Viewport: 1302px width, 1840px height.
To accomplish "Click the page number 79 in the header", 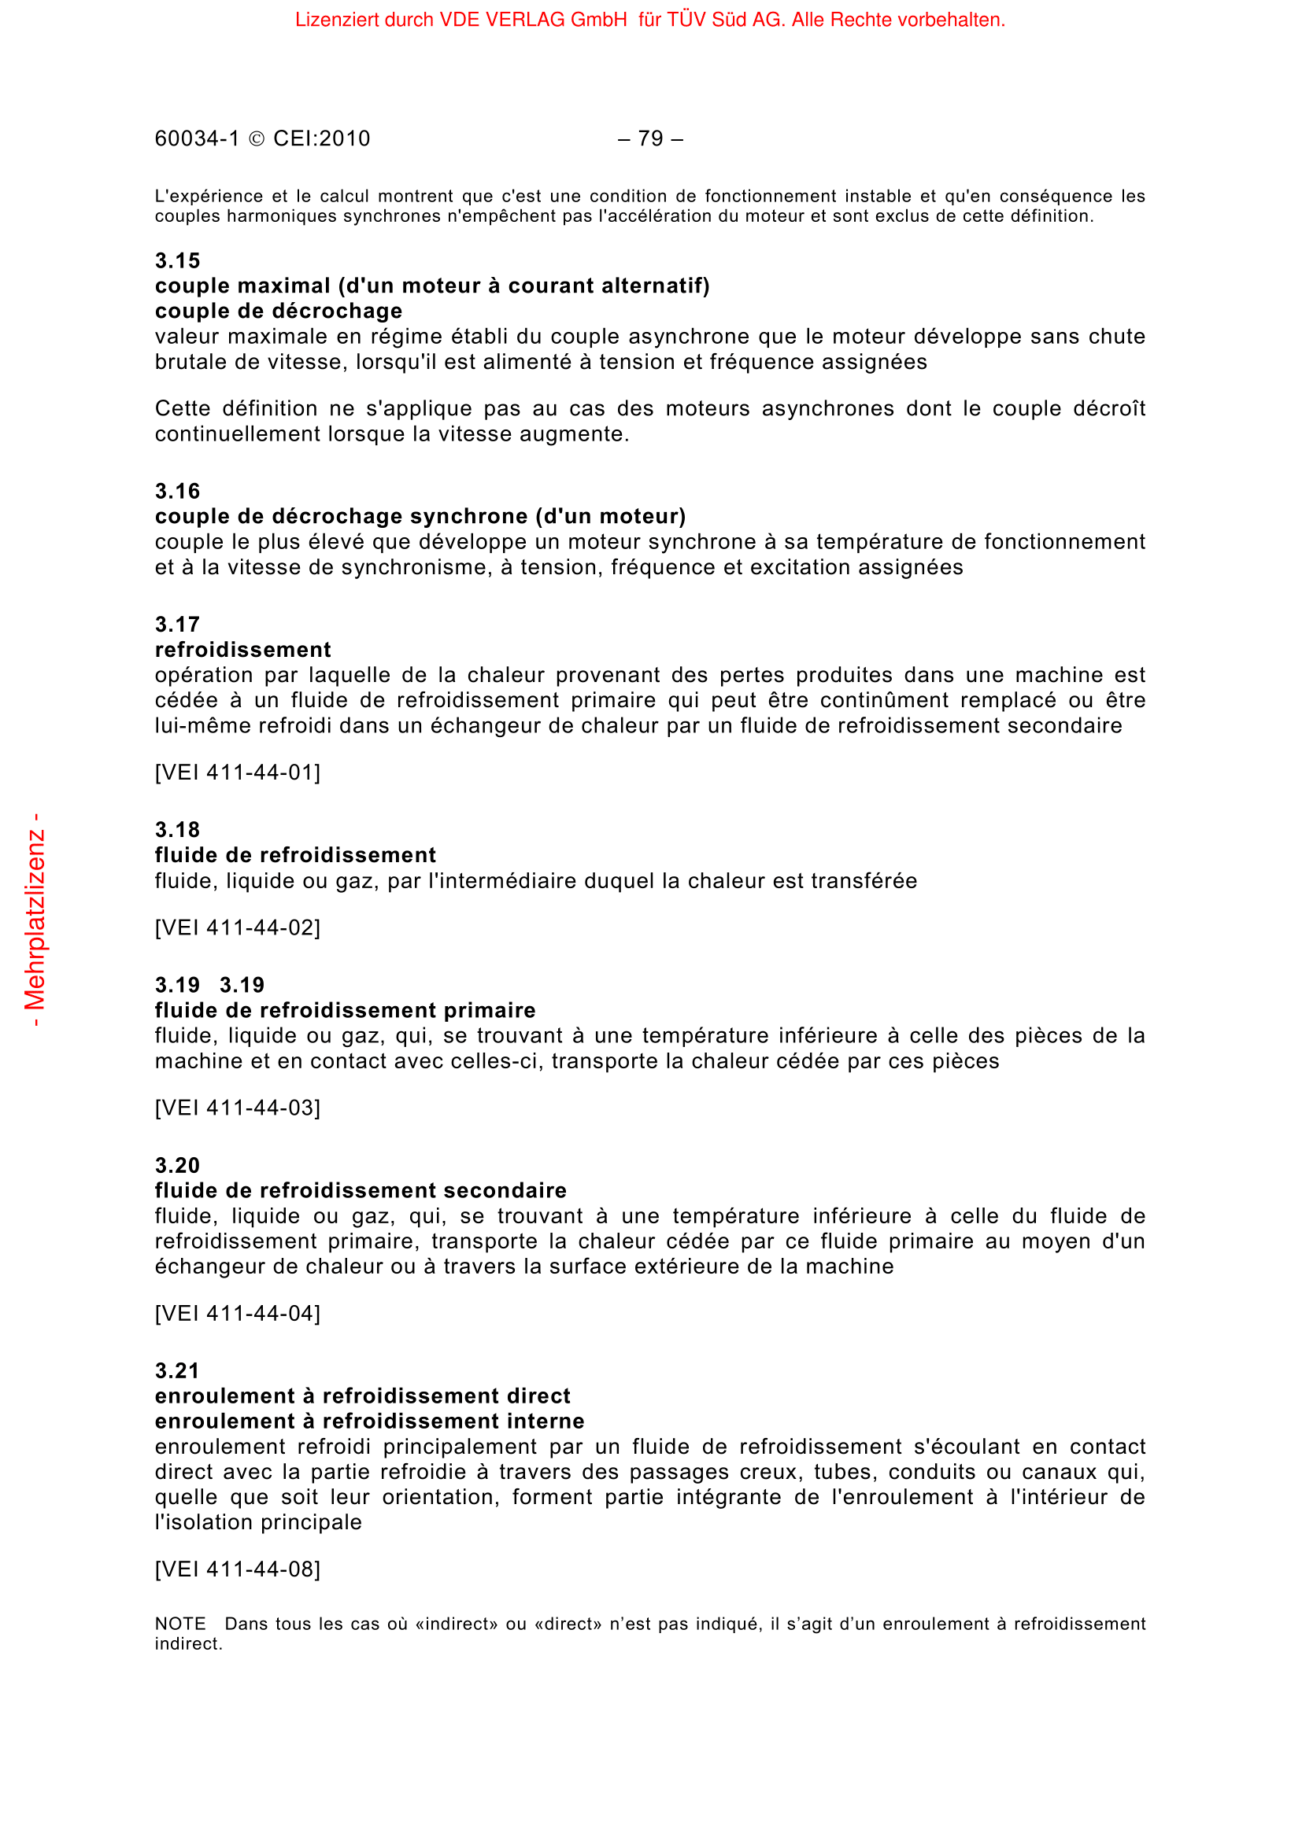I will coord(650,139).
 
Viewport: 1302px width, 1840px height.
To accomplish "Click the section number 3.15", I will coord(177,260).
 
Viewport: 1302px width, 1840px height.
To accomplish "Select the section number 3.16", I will coord(177,491).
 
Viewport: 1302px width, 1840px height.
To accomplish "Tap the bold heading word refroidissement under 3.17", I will coord(242,650).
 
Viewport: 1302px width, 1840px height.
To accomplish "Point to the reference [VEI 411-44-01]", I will coord(237,773).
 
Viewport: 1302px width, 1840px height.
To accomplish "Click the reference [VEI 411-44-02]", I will coord(237,928).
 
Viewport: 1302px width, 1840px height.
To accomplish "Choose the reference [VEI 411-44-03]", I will coord(237,1108).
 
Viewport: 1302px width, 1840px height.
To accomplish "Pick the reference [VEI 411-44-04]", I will coord(237,1314).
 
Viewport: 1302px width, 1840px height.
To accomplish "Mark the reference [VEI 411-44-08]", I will coord(237,1569).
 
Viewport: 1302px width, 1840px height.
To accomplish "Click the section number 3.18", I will coord(177,829).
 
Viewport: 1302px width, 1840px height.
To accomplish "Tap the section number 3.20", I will coord(177,1165).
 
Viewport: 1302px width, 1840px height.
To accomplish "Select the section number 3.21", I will coord(177,1370).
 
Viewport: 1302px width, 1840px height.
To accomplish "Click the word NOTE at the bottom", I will coord(180,1624).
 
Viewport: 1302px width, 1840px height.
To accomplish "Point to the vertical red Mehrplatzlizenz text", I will coord(35,920).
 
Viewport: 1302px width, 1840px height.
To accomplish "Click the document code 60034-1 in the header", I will coord(198,139).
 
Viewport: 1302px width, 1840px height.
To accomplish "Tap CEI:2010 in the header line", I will coord(321,139).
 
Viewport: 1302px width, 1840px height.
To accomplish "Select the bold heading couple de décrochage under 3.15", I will coord(278,311).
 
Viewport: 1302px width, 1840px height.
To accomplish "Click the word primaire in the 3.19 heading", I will coord(490,1011).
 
